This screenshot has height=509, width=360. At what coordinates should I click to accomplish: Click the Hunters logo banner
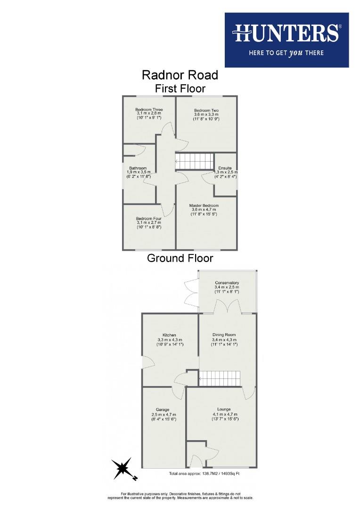(x=286, y=40)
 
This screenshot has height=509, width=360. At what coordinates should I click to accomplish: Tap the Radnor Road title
(x=180, y=75)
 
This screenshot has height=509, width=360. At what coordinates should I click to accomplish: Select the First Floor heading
(x=180, y=88)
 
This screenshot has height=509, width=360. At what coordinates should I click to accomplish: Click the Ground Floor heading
(x=180, y=258)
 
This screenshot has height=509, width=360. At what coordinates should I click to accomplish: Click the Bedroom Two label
(x=206, y=110)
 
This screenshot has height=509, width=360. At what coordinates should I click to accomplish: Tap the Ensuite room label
(x=225, y=168)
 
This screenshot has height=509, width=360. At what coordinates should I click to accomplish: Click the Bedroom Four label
(x=149, y=219)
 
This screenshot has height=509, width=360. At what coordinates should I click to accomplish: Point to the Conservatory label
(x=227, y=283)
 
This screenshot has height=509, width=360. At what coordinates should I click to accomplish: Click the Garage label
(x=163, y=410)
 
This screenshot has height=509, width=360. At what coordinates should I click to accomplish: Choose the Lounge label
(x=224, y=409)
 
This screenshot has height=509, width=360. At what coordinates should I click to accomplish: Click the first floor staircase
(x=195, y=161)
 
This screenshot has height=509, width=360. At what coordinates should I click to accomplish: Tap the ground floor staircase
(x=219, y=378)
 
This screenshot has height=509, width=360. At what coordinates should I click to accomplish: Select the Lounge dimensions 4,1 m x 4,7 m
(x=224, y=414)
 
